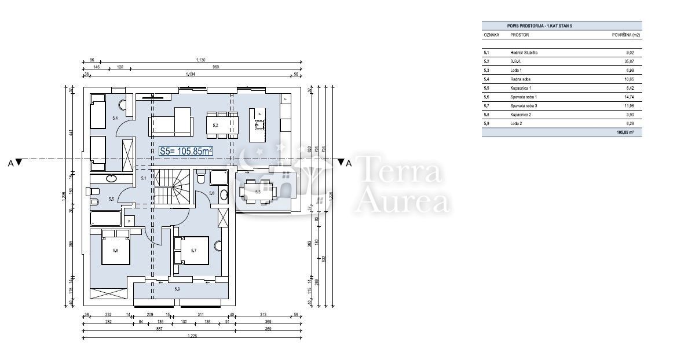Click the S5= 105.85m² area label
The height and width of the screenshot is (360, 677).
pos(186,151)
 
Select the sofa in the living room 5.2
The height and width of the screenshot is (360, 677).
pos(170,124)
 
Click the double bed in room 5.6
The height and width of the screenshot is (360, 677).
pos(115,248)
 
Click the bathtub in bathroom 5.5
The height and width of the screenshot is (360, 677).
pos(105,219)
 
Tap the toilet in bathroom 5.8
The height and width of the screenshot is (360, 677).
pos(200,177)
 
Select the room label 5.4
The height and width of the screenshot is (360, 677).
pos(115,118)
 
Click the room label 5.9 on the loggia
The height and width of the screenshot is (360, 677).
pos(177,288)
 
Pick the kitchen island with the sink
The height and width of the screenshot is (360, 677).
pos(258,124)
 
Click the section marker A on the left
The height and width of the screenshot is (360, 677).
pos(14,163)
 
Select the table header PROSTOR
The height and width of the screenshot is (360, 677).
pos(519,35)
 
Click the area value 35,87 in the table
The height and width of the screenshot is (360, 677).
pos(631,61)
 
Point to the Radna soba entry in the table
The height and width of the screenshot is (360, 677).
pos(521,79)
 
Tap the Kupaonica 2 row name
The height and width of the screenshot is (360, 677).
pos(523,114)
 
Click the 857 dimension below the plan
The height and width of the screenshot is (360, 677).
pos(159,328)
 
